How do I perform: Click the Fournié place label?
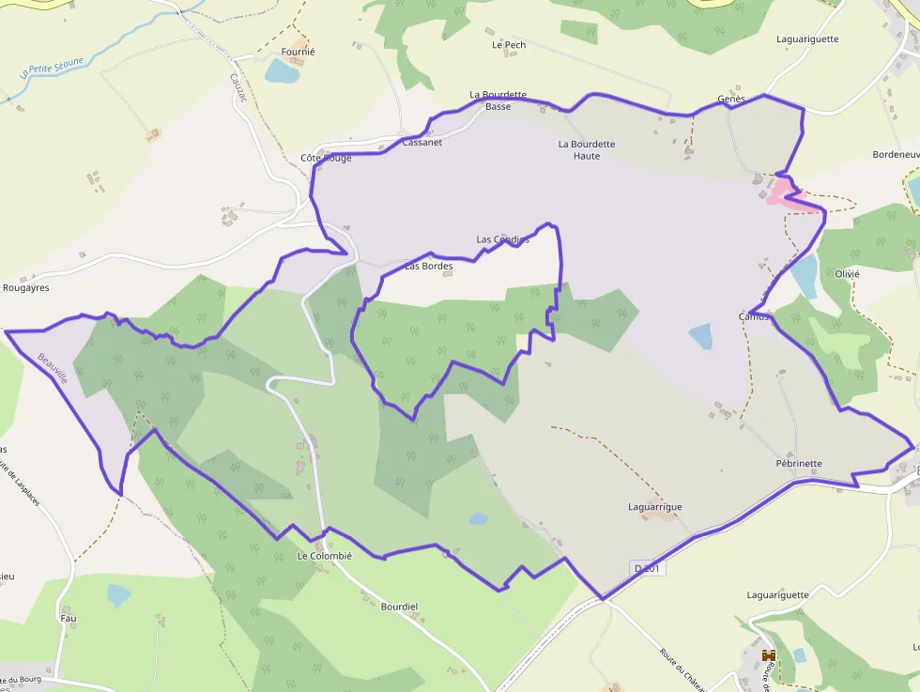point(299,53)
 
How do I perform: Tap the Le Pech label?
point(509,44)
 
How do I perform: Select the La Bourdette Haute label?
point(587,150)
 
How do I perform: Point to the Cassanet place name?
point(422,143)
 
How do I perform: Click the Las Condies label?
point(502,239)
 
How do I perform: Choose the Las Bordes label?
point(429,267)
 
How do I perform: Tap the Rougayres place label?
point(25,288)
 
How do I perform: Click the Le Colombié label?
point(324,556)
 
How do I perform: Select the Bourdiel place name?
point(399,607)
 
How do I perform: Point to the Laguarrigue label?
point(655,507)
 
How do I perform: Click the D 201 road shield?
point(649,569)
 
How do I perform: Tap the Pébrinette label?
point(799,464)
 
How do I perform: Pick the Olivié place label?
point(847,274)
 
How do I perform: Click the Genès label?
point(731,100)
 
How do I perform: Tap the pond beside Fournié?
point(281,71)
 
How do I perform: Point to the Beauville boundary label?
point(53,368)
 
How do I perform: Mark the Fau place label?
point(68,619)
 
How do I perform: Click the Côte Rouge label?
point(326,158)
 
